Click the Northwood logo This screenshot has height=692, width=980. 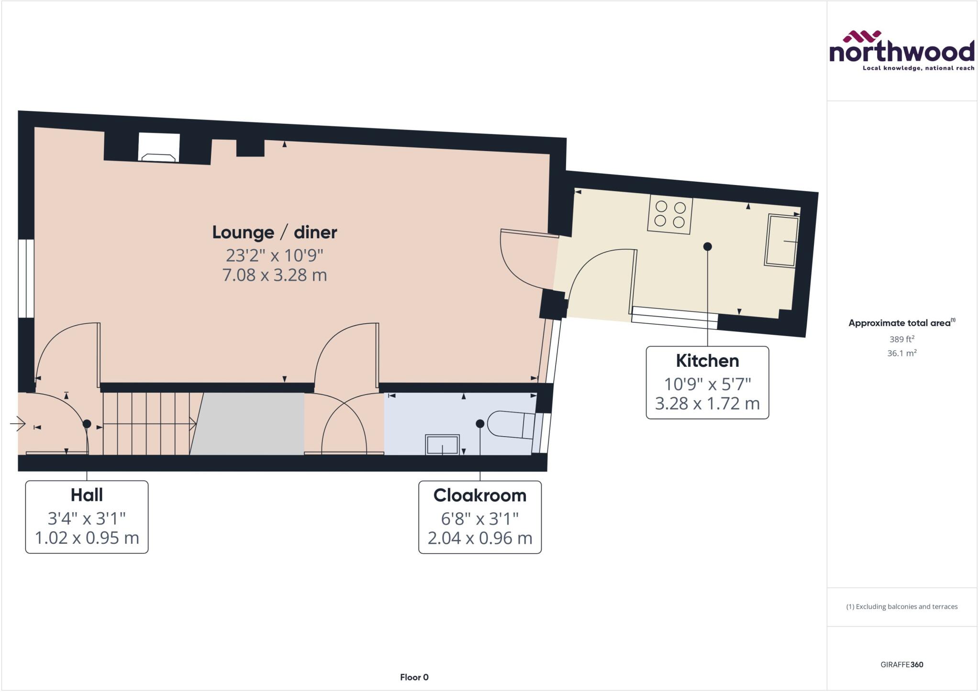[x=902, y=51]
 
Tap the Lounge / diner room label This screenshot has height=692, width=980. [x=275, y=232]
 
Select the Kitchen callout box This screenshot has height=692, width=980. [x=707, y=383]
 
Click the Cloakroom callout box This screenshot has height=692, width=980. [x=480, y=517]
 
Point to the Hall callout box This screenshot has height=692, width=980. [x=87, y=517]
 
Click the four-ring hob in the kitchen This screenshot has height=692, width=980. [x=670, y=214]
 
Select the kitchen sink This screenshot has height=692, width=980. [x=782, y=241]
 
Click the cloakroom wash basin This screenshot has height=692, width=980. [x=442, y=444]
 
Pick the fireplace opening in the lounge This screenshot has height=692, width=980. [x=159, y=148]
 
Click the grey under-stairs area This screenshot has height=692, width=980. [x=247, y=424]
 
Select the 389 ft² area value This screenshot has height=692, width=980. [x=902, y=339]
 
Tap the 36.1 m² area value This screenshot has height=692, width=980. [x=902, y=353]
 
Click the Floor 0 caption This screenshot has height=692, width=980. [x=414, y=677]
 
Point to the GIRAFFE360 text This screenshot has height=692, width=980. [x=902, y=664]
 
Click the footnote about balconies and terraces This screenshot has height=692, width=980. [x=902, y=606]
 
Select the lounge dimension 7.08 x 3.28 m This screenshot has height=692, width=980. [x=275, y=275]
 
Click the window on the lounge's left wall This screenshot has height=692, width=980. [x=26, y=278]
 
